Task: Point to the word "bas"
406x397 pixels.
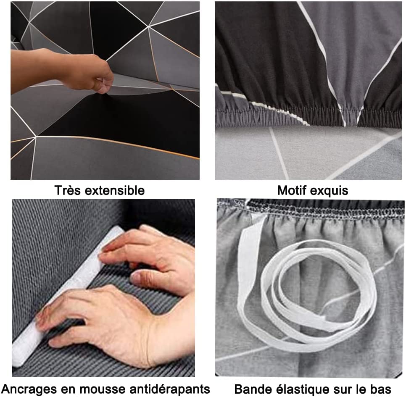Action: coord(381,389)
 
